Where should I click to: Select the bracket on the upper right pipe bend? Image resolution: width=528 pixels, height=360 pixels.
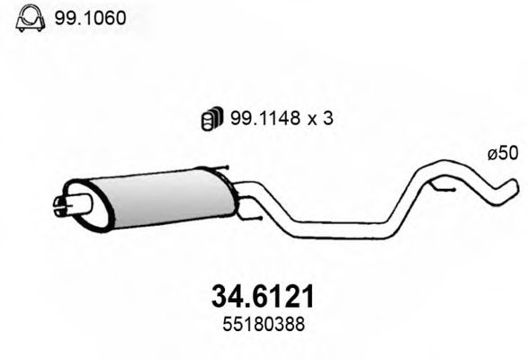point(444,185)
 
